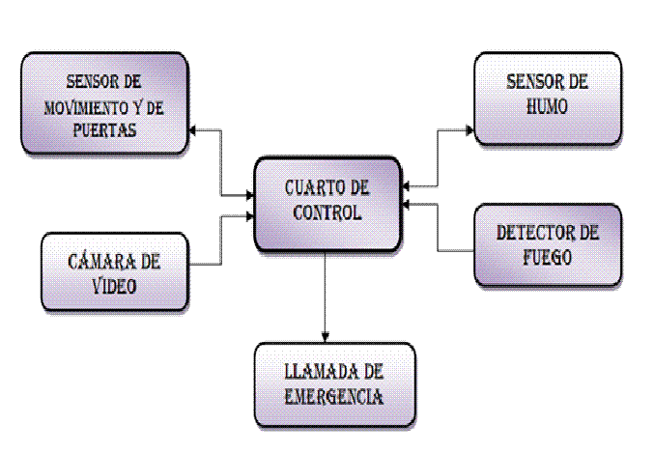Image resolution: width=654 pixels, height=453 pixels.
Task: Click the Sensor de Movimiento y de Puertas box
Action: click(x=103, y=103)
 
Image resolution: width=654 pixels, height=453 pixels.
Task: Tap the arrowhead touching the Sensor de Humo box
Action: click(x=470, y=126)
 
